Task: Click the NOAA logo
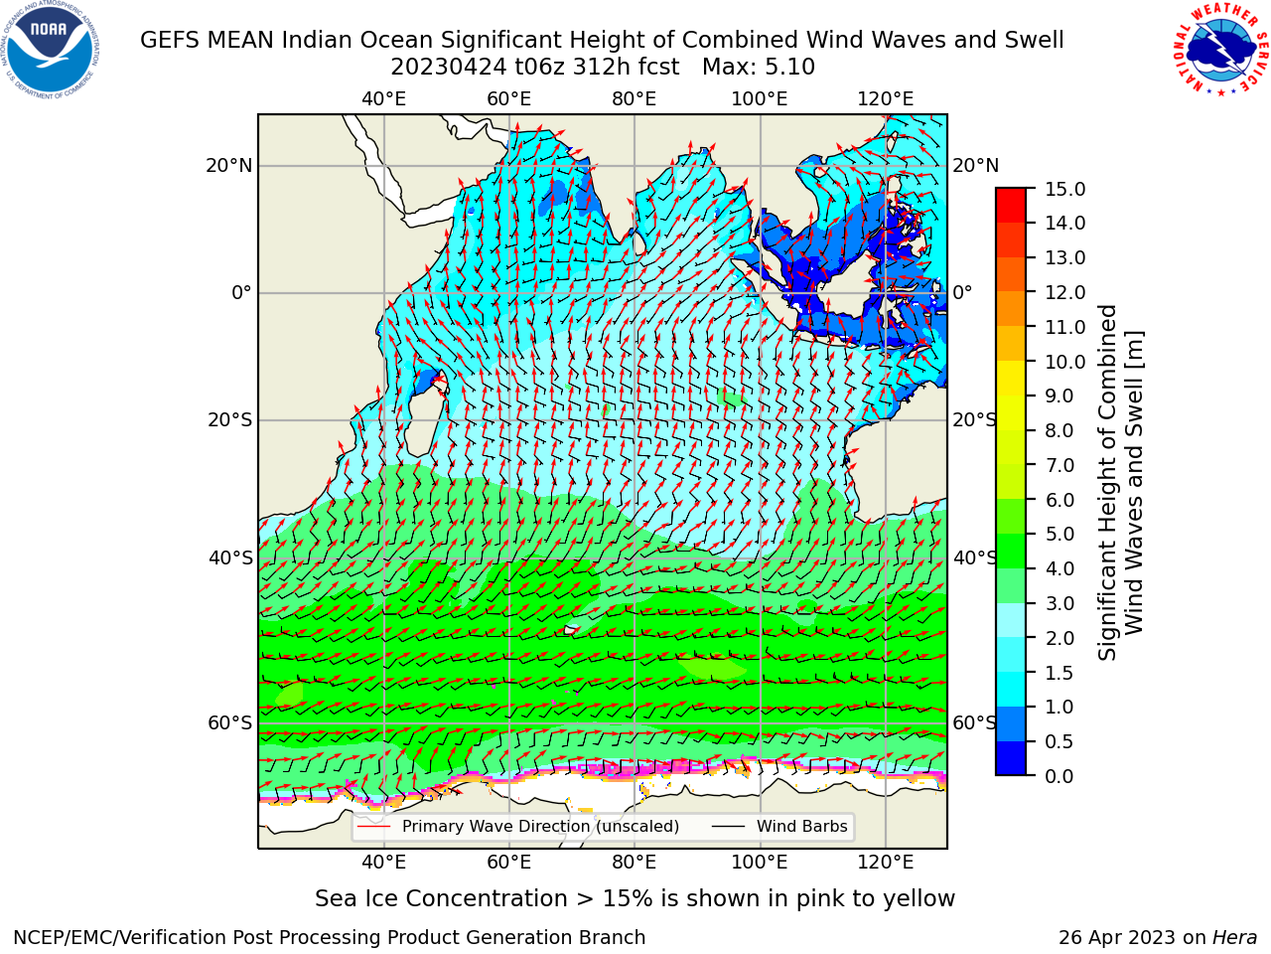coord(50,50)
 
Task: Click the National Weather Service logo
coord(1221,50)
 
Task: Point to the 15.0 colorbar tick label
coord(1064,190)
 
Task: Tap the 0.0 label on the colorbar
coord(1059,776)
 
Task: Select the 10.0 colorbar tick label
coord(1064,362)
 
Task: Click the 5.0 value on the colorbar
coord(1059,534)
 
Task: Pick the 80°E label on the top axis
coord(635,99)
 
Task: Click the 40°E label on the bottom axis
coord(384,862)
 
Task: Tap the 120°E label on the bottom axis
coord(886,862)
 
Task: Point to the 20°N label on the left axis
coord(229,166)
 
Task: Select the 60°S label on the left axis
coord(230,722)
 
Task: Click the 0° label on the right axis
coord(963,292)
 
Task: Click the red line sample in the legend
coord(374,826)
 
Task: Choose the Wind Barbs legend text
coord(802,826)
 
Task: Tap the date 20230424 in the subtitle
coord(449,68)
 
